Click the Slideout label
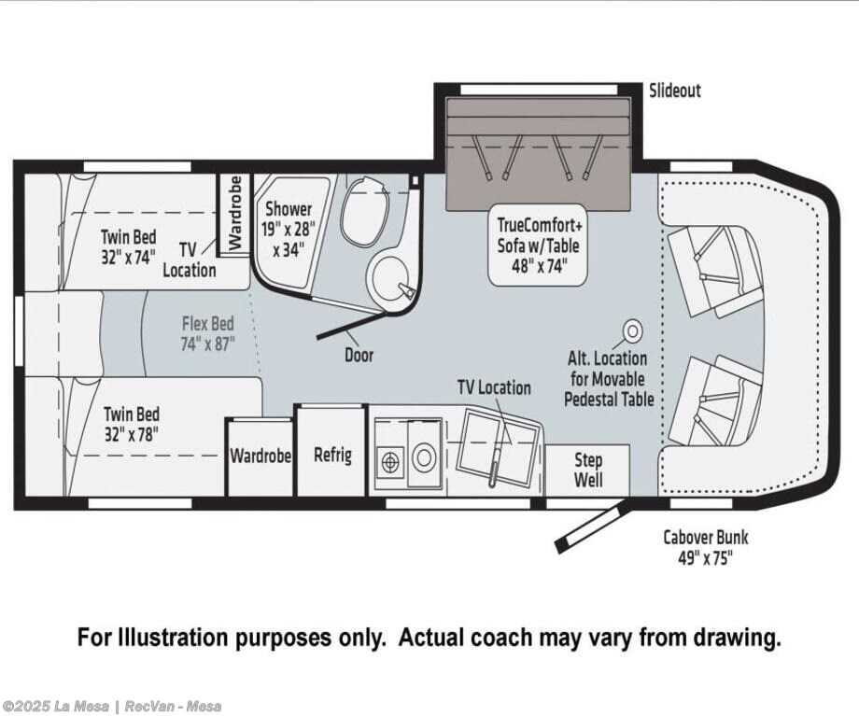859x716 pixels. (x=674, y=91)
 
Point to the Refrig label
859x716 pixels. (x=332, y=455)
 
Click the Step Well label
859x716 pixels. (x=588, y=470)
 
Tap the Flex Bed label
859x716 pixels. (x=208, y=333)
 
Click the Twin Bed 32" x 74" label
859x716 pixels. (x=128, y=247)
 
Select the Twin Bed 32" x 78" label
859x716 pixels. (x=132, y=424)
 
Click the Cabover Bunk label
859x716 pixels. (x=706, y=547)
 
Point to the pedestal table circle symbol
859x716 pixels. (x=633, y=330)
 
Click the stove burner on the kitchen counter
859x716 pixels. (x=389, y=462)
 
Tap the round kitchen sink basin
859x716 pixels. (x=424, y=457)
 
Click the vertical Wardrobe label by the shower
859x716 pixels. (x=235, y=213)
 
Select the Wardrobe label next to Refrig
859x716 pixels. (x=261, y=456)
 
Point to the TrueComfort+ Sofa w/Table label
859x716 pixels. (x=539, y=246)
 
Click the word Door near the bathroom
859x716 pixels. (x=359, y=355)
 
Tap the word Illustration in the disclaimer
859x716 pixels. (x=173, y=638)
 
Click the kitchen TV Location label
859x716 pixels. (x=494, y=387)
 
